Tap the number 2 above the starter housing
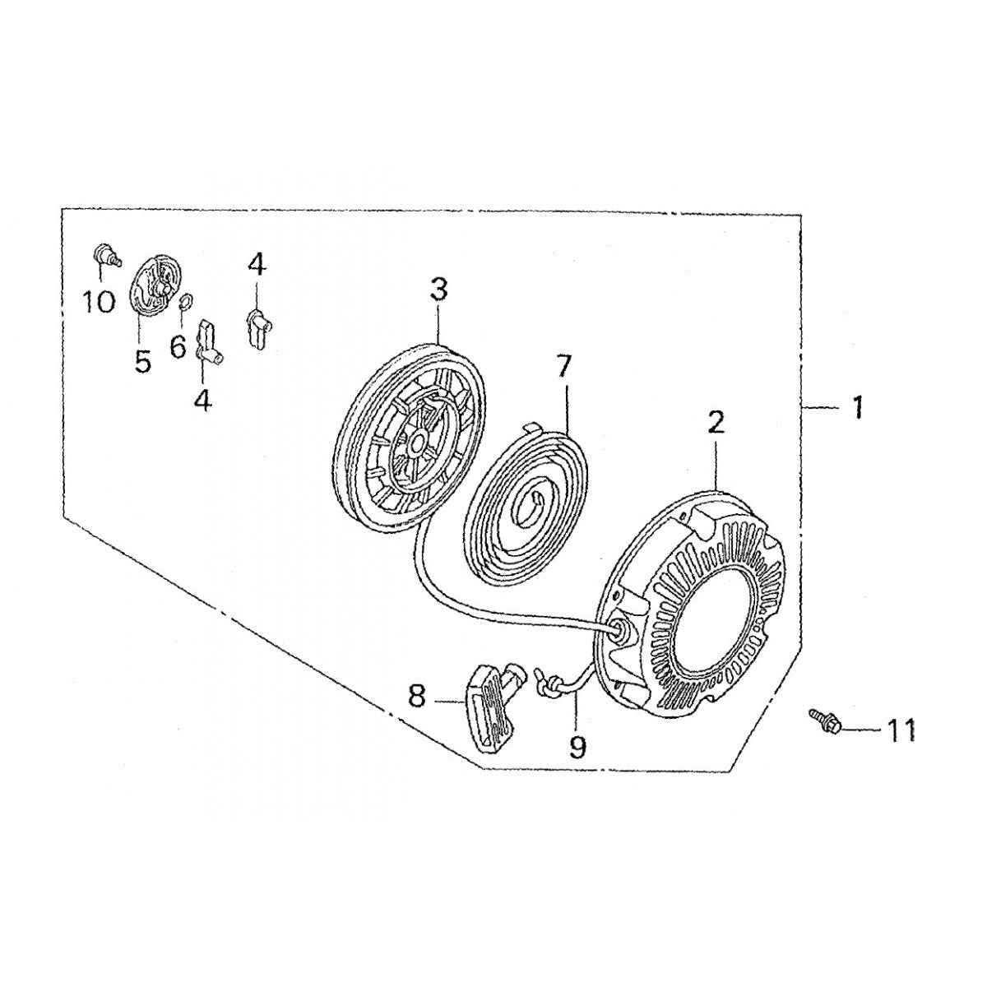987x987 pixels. point(716,423)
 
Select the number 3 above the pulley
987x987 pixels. point(438,290)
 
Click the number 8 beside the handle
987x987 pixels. point(416,697)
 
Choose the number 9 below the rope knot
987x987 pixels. point(577,747)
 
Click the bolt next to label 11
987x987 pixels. point(823,720)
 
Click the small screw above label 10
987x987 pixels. point(104,253)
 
